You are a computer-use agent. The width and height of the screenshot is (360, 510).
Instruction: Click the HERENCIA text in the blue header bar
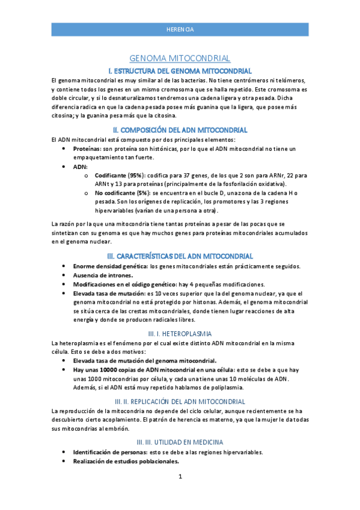[x=180, y=29]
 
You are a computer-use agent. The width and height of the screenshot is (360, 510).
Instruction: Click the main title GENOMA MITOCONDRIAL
[x=180, y=58]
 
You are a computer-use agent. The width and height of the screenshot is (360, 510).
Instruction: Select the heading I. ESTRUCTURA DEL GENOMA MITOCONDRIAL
[x=180, y=71]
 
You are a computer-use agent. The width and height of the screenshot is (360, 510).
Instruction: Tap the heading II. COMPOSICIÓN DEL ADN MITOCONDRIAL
[x=180, y=130]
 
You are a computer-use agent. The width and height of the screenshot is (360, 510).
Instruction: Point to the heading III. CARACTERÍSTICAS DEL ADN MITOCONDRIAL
[x=180, y=256]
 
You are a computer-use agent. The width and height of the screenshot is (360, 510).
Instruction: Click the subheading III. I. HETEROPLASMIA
[x=180, y=333]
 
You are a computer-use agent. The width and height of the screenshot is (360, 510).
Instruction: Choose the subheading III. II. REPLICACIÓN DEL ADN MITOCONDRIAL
[x=180, y=401]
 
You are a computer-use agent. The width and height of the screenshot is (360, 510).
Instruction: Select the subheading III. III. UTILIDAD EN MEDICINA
[x=180, y=442]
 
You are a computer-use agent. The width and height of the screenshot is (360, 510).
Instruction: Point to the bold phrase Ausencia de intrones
[x=99, y=275]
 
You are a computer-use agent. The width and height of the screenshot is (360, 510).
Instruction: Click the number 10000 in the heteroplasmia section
[x=108, y=369]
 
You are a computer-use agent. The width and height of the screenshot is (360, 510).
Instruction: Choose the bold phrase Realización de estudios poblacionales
[x=126, y=461]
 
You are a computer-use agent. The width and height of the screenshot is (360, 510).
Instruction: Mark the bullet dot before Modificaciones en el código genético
[x=64, y=284]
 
